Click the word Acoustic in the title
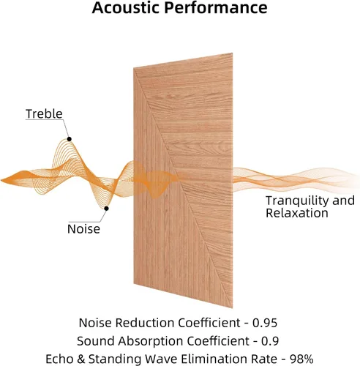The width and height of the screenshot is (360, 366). (x=126, y=7)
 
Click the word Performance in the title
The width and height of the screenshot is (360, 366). (x=216, y=7)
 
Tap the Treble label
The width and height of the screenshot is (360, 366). (x=44, y=113)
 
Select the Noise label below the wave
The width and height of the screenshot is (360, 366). (x=83, y=229)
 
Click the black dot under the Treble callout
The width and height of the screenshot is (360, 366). (x=70, y=139)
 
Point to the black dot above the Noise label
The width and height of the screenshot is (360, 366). (x=106, y=209)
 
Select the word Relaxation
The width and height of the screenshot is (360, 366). (x=297, y=213)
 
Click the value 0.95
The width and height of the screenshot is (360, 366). (x=265, y=323)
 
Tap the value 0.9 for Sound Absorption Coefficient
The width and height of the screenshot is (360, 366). (x=270, y=341)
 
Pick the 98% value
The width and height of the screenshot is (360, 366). (x=301, y=359)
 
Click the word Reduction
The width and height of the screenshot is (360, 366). (x=145, y=323)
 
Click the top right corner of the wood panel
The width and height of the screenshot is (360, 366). (x=233, y=53)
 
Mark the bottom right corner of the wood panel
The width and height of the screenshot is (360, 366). (x=233, y=308)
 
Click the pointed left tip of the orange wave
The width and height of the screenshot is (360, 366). (x=1, y=181)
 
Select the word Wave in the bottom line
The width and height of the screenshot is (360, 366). (x=162, y=359)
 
